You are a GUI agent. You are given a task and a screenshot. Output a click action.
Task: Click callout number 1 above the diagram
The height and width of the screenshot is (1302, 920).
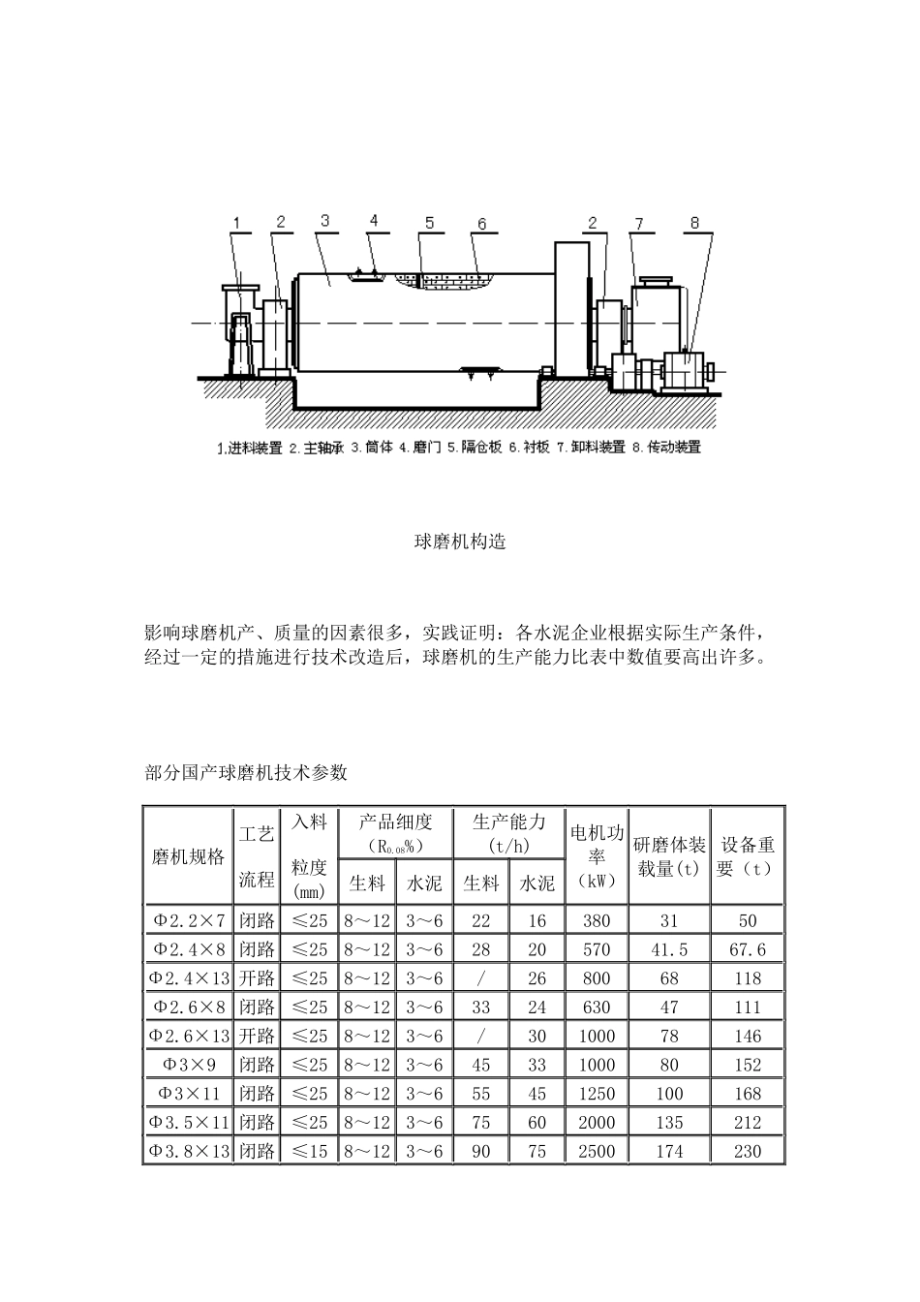coord(235,223)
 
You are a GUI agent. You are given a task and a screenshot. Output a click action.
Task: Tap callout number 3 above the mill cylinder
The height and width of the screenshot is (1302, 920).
coord(324,221)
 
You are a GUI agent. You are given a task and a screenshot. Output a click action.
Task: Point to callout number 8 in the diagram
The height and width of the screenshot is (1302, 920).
coord(693,223)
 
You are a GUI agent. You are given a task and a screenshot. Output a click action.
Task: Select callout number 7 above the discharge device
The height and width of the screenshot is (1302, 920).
coord(638,224)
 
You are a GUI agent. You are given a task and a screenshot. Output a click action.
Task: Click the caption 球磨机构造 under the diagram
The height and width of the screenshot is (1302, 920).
coord(460,542)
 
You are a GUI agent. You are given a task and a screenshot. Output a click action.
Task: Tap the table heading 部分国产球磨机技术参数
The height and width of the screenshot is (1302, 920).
coord(245,773)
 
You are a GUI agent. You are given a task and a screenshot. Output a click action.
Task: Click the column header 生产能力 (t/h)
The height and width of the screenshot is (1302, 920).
coord(509,832)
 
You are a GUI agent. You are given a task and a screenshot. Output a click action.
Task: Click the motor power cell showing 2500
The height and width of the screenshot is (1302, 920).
coord(597,1151)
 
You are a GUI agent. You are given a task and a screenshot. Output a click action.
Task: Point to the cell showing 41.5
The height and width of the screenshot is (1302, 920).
coord(669,949)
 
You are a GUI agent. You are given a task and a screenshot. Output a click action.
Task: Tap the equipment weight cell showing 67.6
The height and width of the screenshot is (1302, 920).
coord(748,949)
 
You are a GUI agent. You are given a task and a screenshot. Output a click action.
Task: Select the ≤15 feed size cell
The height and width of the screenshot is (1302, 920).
coord(310,1151)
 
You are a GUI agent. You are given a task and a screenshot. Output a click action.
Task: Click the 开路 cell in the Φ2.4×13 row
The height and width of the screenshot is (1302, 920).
coord(258,977)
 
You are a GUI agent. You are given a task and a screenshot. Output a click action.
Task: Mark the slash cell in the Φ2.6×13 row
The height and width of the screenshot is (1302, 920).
coord(481,1036)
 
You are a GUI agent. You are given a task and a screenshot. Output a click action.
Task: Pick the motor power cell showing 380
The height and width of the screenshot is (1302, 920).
coord(597,920)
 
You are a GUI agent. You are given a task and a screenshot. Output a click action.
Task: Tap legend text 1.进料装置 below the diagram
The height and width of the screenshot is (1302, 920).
coord(251,449)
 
